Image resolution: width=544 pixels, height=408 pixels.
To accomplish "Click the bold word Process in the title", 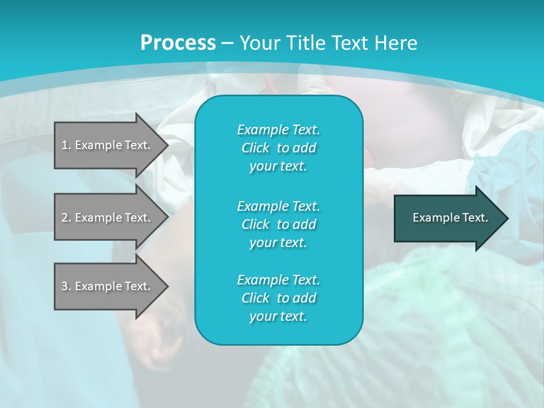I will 178,43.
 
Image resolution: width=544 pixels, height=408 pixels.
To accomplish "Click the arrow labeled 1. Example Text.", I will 108,145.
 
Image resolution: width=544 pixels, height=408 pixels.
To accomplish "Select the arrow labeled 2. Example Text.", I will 108,218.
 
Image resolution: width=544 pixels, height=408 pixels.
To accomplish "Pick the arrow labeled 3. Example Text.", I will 108,286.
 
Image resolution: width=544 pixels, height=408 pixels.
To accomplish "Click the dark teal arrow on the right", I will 448,218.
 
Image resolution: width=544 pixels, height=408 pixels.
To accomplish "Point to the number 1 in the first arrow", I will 65,145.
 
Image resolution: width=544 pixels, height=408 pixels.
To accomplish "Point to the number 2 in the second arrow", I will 65,218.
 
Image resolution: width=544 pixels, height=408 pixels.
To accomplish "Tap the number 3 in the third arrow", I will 65,286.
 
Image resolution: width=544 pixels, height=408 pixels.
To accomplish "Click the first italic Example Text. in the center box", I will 278,130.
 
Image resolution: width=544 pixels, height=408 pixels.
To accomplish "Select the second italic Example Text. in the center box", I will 278,206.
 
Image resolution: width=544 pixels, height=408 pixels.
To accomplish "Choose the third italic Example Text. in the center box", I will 278,280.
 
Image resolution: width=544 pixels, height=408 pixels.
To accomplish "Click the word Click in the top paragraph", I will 256,148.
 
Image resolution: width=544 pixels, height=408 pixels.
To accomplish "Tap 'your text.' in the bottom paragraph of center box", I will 278,317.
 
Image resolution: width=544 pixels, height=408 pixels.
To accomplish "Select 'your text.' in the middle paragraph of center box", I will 278,243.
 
